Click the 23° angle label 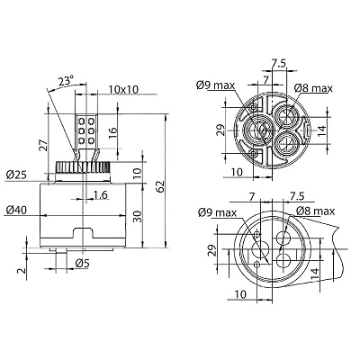(x=66, y=81)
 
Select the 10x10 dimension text (x=123, y=89)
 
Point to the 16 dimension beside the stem (x=112, y=134)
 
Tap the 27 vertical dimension (x=43, y=145)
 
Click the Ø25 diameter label (x=16, y=175)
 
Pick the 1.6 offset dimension (x=100, y=195)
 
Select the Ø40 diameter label (x=16, y=210)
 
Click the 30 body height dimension (x=137, y=216)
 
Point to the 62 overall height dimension (x=160, y=186)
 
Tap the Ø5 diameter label (x=83, y=264)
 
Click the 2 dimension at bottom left (x=22, y=271)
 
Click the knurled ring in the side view (x=83, y=167)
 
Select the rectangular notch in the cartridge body (x=83, y=233)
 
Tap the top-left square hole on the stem (x=81, y=121)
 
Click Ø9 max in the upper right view (x=216, y=85)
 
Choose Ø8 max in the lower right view (x=315, y=211)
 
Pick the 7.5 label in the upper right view (x=279, y=63)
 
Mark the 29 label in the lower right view (x=212, y=250)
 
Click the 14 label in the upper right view (x=321, y=130)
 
